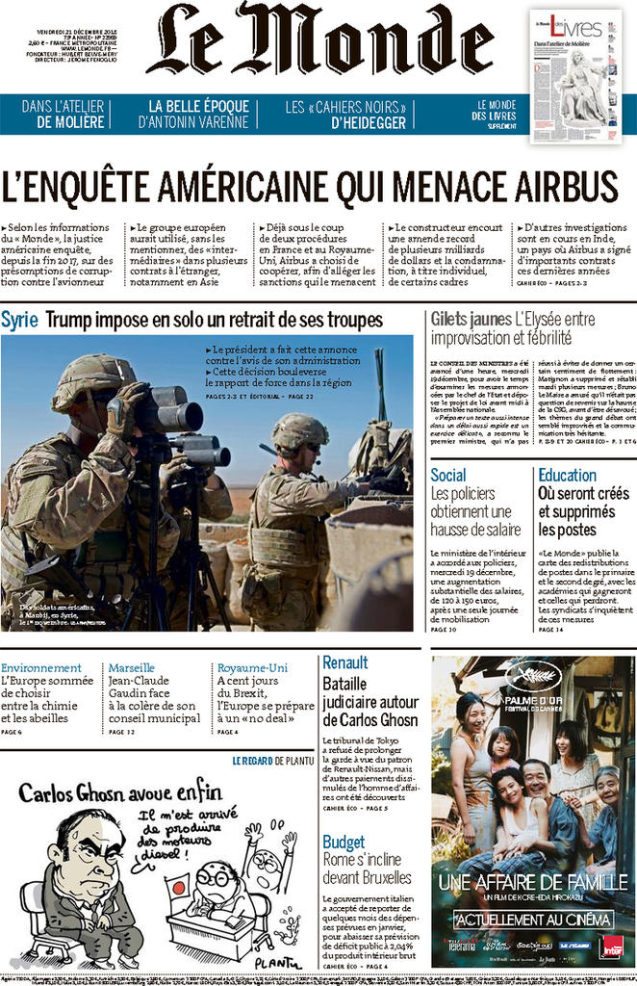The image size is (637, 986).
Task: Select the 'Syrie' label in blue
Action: (x=20, y=320)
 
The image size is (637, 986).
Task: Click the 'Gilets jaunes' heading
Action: (x=471, y=319)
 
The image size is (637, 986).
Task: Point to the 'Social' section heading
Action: (x=448, y=475)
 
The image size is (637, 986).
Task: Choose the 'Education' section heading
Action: (x=567, y=475)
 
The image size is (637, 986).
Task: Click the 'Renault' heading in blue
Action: (x=344, y=662)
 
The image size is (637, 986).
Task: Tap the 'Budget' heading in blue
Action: (x=344, y=842)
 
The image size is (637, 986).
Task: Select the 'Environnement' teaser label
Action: (x=40, y=667)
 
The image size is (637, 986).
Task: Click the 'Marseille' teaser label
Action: (x=132, y=667)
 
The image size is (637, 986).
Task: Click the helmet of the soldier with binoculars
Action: (x=93, y=376)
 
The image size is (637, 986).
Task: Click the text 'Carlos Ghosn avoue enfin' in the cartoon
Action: (x=119, y=792)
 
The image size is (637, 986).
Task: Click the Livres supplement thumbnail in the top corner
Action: (x=575, y=76)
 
